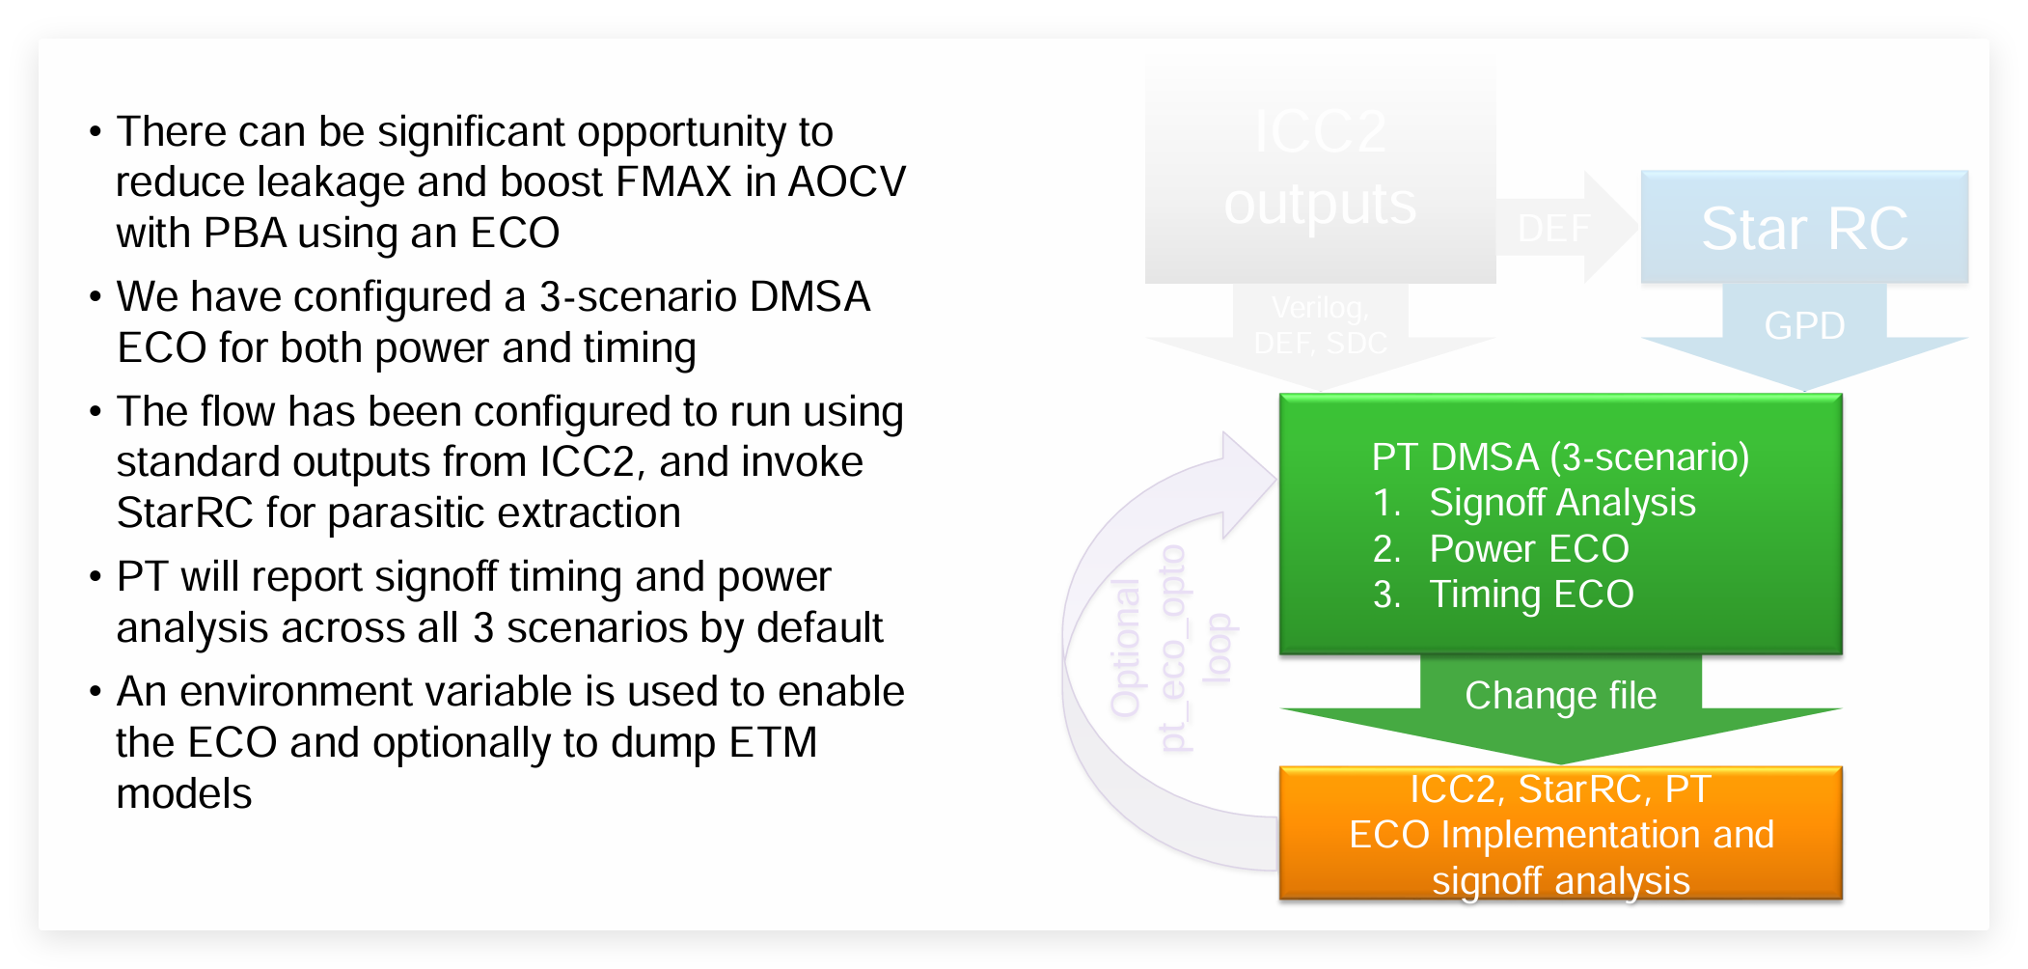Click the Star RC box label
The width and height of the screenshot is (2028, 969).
(1803, 229)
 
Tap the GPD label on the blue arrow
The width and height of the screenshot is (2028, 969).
(1803, 326)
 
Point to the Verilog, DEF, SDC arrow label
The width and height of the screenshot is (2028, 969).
(1320, 325)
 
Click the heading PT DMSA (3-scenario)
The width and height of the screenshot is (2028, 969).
(1560, 457)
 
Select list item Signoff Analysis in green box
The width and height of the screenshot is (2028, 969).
(1561, 503)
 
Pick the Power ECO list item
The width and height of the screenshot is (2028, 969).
(1528, 548)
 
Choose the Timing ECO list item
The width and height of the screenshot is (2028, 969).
(1531, 595)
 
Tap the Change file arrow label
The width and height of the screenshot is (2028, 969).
(1560, 696)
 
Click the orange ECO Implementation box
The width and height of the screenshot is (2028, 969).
(1560, 834)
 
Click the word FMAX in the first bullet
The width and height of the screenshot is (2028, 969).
(673, 182)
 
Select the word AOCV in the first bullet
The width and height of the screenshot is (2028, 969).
(846, 182)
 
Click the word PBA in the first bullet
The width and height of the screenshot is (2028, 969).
(244, 234)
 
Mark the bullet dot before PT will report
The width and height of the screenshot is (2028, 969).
(95, 577)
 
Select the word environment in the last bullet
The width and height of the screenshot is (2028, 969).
(376, 692)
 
